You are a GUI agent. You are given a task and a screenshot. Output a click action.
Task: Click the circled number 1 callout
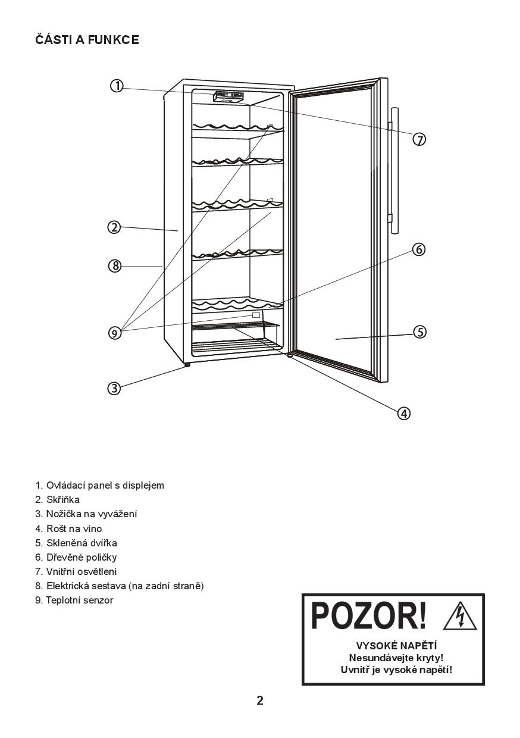[x=117, y=86]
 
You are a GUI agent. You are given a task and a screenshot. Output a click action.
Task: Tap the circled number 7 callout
[x=419, y=139]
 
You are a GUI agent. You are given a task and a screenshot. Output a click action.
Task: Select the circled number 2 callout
[x=114, y=227]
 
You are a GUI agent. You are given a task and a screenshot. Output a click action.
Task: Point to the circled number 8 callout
[x=114, y=266]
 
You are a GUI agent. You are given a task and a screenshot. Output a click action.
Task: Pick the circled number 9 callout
[x=114, y=333]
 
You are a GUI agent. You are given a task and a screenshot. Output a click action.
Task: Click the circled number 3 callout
[x=114, y=388]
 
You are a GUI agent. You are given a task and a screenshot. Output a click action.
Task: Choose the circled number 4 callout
[x=403, y=413]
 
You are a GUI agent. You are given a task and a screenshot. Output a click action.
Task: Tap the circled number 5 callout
[x=420, y=332]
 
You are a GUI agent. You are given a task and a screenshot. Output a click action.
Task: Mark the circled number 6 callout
[x=419, y=249]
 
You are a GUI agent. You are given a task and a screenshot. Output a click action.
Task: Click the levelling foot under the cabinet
[x=187, y=365]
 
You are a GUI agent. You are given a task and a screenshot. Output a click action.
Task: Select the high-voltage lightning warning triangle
[x=460, y=617]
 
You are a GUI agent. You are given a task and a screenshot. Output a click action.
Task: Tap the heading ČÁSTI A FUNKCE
[x=87, y=40]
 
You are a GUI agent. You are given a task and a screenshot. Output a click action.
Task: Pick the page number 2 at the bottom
[x=260, y=701]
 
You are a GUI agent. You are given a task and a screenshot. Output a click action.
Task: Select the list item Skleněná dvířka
[x=76, y=543]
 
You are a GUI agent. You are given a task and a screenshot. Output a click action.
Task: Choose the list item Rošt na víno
[x=68, y=529]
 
